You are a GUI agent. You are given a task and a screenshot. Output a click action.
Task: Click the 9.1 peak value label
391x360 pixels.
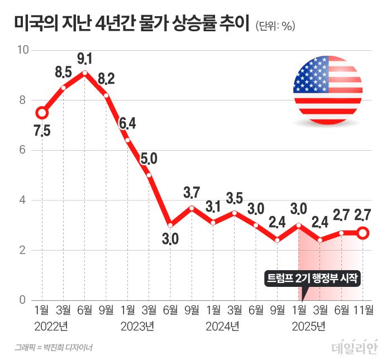85,58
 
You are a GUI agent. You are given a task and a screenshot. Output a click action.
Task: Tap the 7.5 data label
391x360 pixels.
42,131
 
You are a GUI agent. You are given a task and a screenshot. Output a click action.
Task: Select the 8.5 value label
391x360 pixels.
63,72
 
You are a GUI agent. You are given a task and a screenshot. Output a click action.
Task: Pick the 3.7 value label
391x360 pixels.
192,193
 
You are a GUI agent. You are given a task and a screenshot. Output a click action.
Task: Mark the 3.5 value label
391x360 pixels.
235,198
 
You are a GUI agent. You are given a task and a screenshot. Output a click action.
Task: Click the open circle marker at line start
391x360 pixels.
42,113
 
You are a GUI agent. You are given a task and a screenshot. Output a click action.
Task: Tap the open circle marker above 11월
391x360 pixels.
363,233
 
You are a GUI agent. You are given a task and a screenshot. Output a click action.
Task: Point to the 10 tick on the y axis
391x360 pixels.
23,50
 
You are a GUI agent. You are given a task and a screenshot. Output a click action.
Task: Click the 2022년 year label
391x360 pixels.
51,325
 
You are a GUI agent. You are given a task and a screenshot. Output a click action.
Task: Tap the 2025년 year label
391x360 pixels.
308,325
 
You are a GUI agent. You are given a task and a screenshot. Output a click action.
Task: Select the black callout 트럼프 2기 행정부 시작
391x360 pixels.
313,278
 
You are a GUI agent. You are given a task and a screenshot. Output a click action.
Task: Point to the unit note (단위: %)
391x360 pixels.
275,26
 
